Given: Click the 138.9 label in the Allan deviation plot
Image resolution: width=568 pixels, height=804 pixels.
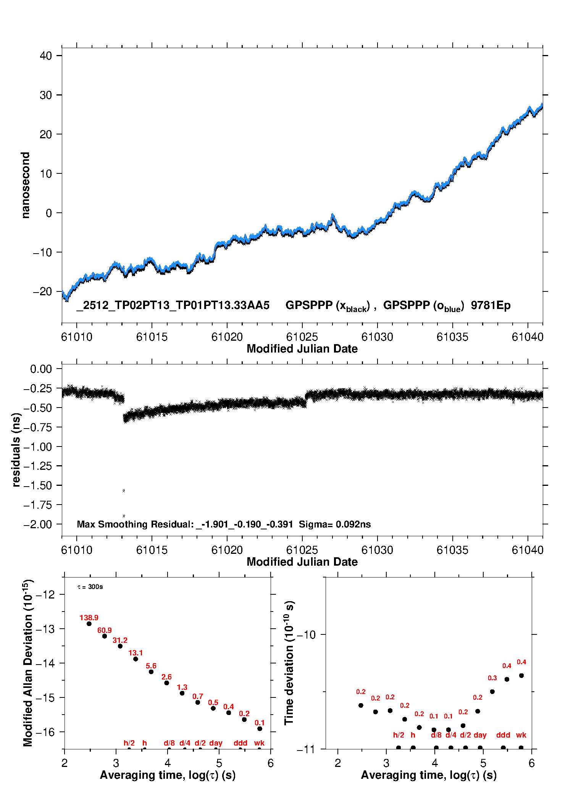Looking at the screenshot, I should point(89,618).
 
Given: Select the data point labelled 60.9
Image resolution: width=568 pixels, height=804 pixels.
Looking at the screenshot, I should point(105,636).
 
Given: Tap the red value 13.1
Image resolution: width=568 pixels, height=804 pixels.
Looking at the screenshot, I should point(136,653).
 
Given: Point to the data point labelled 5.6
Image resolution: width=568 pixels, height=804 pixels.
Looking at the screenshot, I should point(151,672).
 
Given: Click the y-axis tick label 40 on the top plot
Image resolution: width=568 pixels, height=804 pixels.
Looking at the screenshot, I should point(46,56).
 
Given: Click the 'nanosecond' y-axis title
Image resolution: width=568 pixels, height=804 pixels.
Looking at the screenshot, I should point(26,185).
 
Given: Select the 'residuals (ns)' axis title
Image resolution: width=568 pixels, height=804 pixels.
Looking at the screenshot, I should point(16,450).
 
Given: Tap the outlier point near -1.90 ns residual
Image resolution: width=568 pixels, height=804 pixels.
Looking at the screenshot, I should point(124,516).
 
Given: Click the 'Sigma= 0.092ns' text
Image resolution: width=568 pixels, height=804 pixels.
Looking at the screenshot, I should point(334,524).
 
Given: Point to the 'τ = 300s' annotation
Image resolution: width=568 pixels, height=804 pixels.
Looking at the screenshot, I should point(90,587).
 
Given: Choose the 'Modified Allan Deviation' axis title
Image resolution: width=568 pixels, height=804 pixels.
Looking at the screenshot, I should point(28,663).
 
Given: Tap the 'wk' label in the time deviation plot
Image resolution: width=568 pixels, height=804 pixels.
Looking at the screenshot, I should point(521,735).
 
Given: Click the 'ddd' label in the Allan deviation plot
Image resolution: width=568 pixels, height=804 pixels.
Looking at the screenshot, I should point(240,743).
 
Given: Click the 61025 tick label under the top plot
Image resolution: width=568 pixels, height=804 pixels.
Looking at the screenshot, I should point(302,337).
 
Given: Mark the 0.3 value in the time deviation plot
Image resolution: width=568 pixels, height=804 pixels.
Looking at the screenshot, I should point(492,678).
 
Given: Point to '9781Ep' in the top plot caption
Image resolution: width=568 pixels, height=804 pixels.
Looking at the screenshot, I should point(491,306).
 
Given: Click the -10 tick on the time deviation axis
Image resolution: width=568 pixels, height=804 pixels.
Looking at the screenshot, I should point(306,634).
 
